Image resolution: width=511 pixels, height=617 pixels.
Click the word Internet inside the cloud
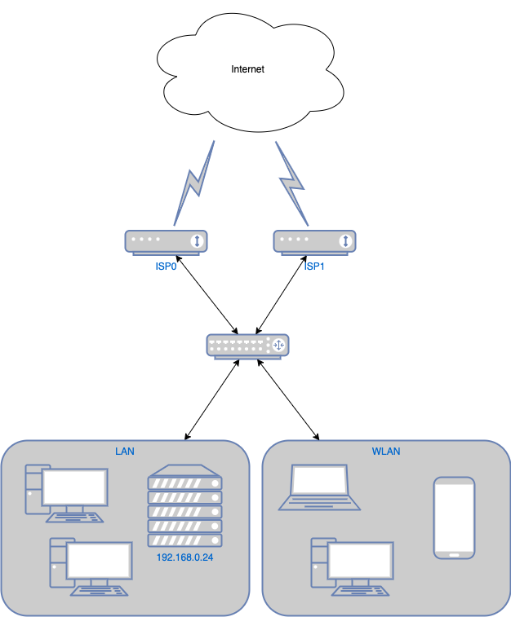[247, 69]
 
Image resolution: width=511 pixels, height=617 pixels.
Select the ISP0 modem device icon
[167, 241]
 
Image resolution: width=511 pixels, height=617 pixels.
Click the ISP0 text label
[167, 267]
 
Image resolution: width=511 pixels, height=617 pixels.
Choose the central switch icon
[247, 346]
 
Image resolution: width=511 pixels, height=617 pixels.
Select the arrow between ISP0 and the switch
[205, 295]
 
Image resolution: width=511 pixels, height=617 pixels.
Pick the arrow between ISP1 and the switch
[287, 295]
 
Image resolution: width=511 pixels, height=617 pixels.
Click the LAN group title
[124, 450]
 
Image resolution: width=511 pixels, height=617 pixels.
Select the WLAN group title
[386, 450]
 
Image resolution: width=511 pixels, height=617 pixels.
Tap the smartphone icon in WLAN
[454, 518]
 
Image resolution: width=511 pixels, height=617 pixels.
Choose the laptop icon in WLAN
[319, 488]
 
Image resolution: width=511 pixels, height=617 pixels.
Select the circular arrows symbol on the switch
[279, 346]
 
